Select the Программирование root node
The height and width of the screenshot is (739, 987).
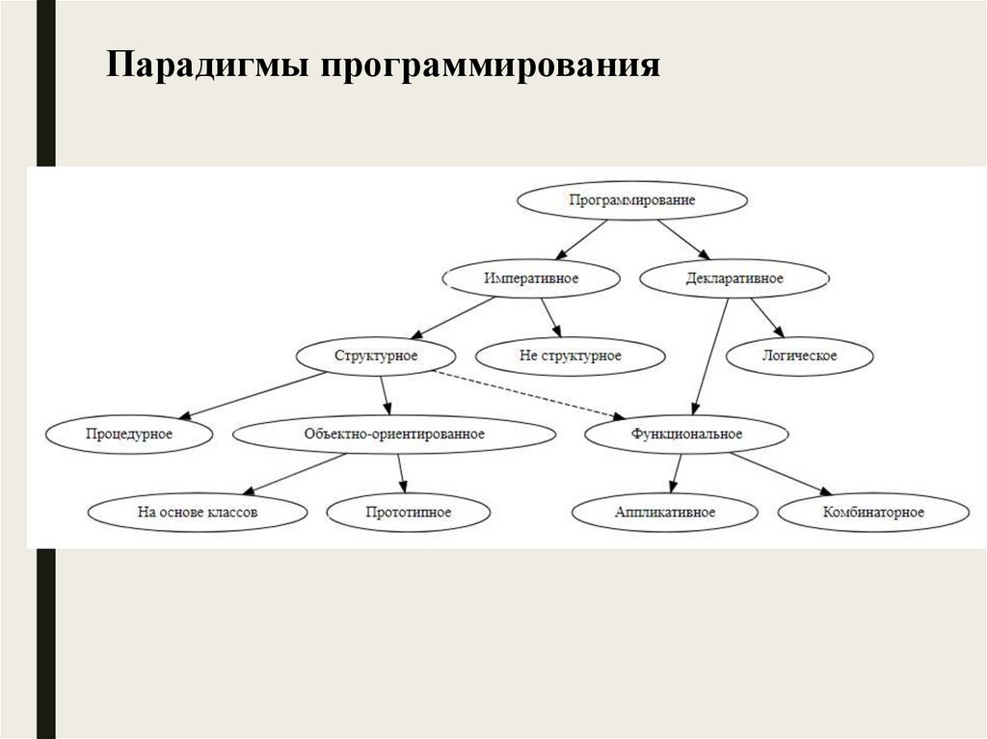[x=632, y=200]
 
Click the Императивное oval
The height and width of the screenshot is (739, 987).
[x=530, y=278]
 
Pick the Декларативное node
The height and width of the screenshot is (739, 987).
[x=734, y=278]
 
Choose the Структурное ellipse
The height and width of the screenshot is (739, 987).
[x=375, y=356]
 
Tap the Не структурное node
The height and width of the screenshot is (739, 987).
[x=571, y=356]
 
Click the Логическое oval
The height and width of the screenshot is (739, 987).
[x=800, y=356]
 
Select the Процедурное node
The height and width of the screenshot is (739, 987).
[x=128, y=434]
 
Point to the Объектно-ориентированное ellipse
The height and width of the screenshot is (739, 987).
[x=393, y=434]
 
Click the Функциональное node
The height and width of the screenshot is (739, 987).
[x=686, y=434]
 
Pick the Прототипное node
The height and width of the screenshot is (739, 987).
[x=409, y=512]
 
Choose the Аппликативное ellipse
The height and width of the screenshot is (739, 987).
[x=664, y=512]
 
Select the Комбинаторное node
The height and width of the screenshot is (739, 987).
[x=874, y=512]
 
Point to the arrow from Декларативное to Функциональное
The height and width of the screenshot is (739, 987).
[x=709, y=356]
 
